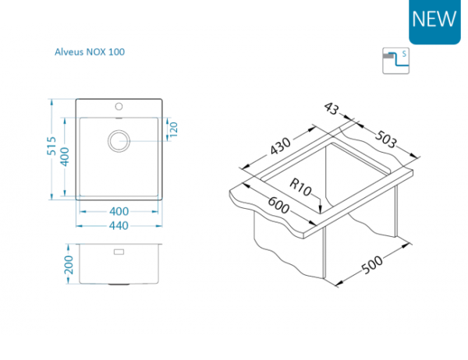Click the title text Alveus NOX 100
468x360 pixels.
pos(88,52)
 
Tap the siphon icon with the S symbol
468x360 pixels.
pos(395,61)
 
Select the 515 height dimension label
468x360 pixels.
pos(52,147)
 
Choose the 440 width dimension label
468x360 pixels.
pos(119,225)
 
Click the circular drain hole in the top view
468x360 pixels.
pos(119,139)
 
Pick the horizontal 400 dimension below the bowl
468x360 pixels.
pos(119,211)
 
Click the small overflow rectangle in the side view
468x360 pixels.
pos(119,252)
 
